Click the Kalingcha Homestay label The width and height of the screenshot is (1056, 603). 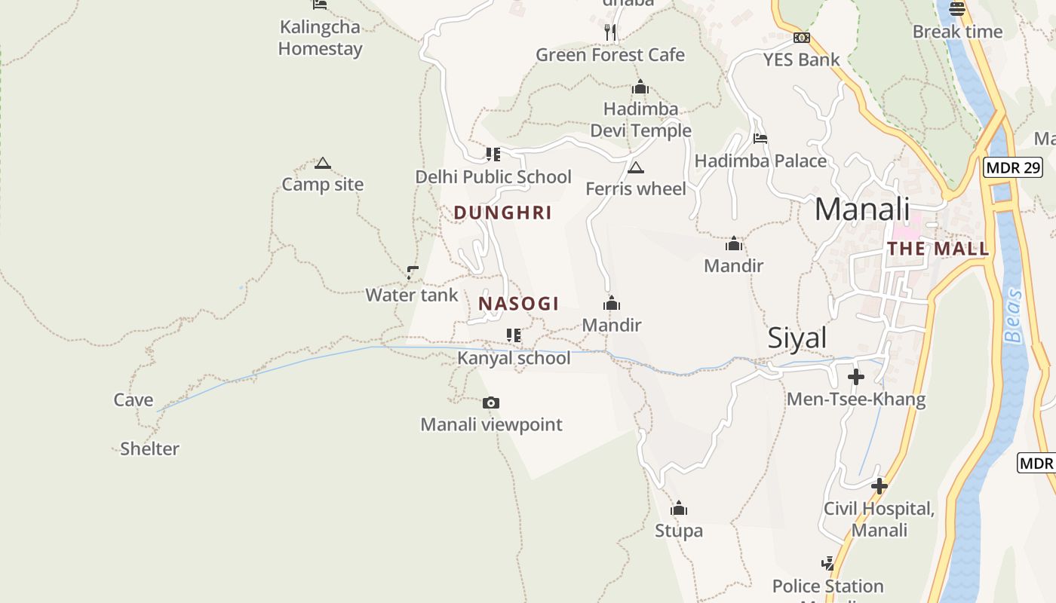pyautogui.click(x=320, y=38)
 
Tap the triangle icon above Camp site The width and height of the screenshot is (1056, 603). pyautogui.click(x=323, y=163)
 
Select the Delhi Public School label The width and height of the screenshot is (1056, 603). pyautogui.click(x=493, y=176)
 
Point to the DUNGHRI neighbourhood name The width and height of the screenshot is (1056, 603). pyautogui.click(x=503, y=213)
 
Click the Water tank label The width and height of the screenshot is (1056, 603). pyautogui.click(x=412, y=295)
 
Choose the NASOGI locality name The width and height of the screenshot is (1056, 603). pyautogui.click(x=519, y=304)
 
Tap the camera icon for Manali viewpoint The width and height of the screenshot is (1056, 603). pyautogui.click(x=491, y=403)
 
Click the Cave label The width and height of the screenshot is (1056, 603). pyautogui.click(x=134, y=399)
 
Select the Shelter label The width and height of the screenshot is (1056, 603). pyautogui.click(x=150, y=448)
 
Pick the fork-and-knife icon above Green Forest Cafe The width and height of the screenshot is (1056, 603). pyautogui.click(x=610, y=32)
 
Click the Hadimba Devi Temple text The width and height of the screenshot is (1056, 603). pyautogui.click(x=640, y=120)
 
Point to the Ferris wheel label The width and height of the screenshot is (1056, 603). pyautogui.click(x=636, y=188)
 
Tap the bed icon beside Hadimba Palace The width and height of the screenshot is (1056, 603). pyautogui.click(x=760, y=139)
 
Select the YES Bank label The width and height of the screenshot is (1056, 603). pyautogui.click(x=801, y=60)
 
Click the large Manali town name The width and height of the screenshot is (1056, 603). pyautogui.click(x=862, y=209)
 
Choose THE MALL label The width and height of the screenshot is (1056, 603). pyautogui.click(x=938, y=249)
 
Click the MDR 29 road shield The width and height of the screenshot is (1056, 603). pyautogui.click(x=1012, y=167)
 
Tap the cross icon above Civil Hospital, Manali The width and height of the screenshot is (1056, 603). pyautogui.click(x=879, y=486)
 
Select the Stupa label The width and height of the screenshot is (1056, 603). pyautogui.click(x=679, y=531)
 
